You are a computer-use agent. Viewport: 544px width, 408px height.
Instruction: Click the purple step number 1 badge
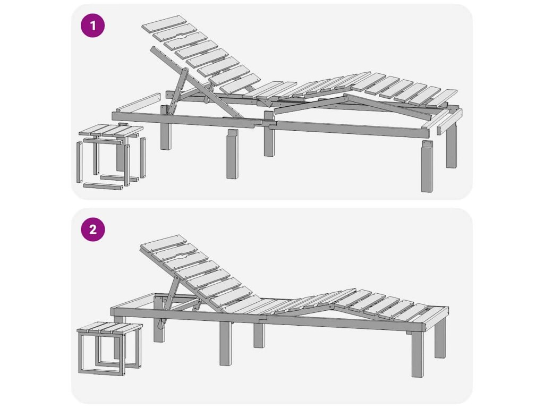point(92,25)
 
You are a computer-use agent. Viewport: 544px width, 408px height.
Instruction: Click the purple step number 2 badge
point(92,229)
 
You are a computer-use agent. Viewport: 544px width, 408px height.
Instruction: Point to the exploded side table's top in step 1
point(111,131)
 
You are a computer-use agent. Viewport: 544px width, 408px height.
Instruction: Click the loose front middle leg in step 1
point(233,154)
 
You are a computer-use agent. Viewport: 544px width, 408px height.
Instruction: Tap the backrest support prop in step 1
point(177,91)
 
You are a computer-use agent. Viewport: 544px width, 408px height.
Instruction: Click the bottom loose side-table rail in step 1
point(104,186)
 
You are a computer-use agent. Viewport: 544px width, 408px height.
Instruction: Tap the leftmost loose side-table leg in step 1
point(79,161)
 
